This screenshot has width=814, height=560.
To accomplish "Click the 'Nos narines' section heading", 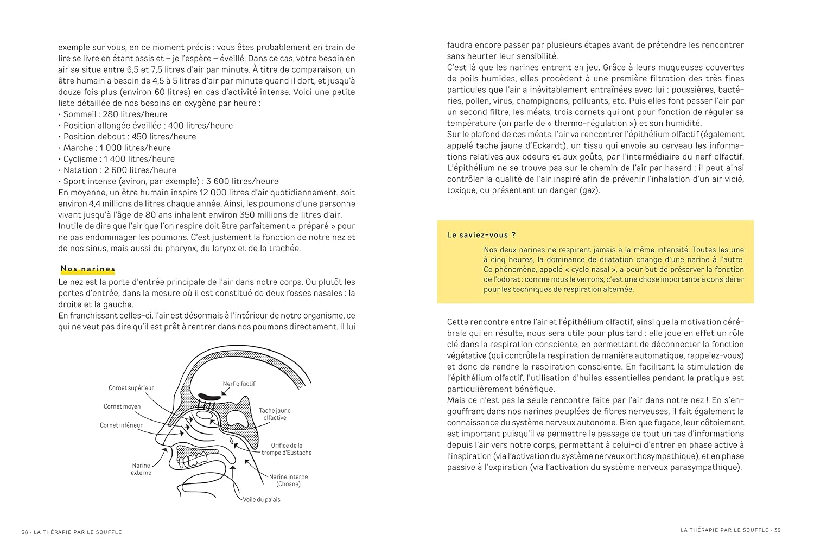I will [88, 269].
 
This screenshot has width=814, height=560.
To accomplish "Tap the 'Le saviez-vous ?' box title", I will [474, 235].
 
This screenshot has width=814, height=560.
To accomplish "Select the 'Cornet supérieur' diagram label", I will [131, 388].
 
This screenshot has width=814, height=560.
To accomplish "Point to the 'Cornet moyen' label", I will [122, 406].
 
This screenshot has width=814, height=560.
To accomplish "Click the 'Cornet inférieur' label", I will [121, 425].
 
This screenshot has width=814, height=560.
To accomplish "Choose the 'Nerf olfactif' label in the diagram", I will [239, 384].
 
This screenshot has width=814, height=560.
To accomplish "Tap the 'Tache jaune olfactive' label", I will [274, 415].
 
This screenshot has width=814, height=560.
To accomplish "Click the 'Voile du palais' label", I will [262, 499].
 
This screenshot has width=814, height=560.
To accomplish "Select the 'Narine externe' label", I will [141, 469].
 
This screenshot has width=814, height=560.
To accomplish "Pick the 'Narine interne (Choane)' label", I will [288, 480].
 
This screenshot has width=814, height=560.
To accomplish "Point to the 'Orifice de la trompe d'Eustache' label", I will [287, 449].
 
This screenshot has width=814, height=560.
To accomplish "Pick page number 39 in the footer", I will [777, 530].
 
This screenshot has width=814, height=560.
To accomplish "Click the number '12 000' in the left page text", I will [213, 193].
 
